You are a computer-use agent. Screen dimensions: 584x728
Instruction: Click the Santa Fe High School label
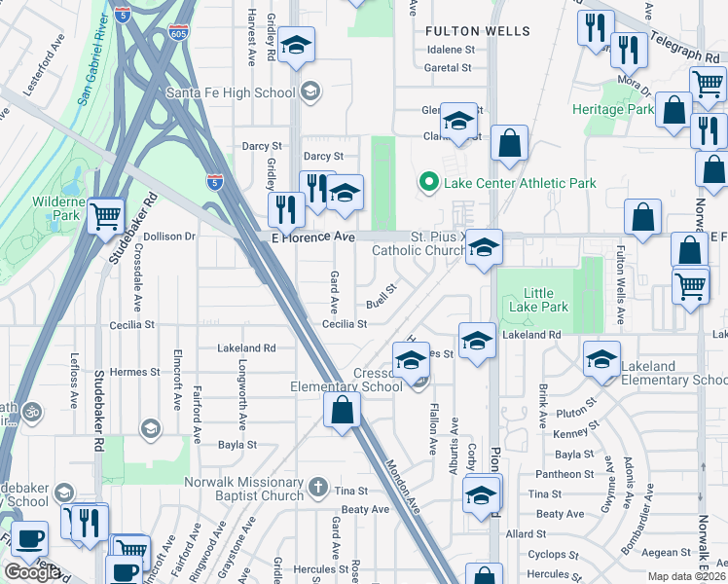click(230, 92)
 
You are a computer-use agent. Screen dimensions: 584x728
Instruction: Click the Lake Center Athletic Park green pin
click(426, 182)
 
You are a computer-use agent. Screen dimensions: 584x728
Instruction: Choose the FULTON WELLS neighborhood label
click(479, 31)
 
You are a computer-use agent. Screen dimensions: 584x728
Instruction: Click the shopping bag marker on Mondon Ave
click(342, 410)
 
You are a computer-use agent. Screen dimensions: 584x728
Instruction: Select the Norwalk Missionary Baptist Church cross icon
click(317, 485)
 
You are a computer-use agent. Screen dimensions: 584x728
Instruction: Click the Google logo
click(32, 571)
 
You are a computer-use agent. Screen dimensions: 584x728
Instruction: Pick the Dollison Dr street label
click(169, 237)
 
